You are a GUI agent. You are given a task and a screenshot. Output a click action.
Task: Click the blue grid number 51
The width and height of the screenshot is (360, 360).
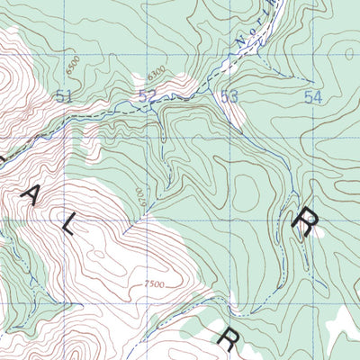pos(63,95)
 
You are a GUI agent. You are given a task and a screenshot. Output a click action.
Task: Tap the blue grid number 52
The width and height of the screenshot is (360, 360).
pos(148,95)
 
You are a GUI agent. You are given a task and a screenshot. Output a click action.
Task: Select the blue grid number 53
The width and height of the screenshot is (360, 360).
pos(229,96)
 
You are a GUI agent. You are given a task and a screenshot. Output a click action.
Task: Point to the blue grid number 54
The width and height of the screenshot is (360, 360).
pos(312,96)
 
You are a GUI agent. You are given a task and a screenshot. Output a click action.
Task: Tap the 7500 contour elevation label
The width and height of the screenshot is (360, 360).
pos(154,284)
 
